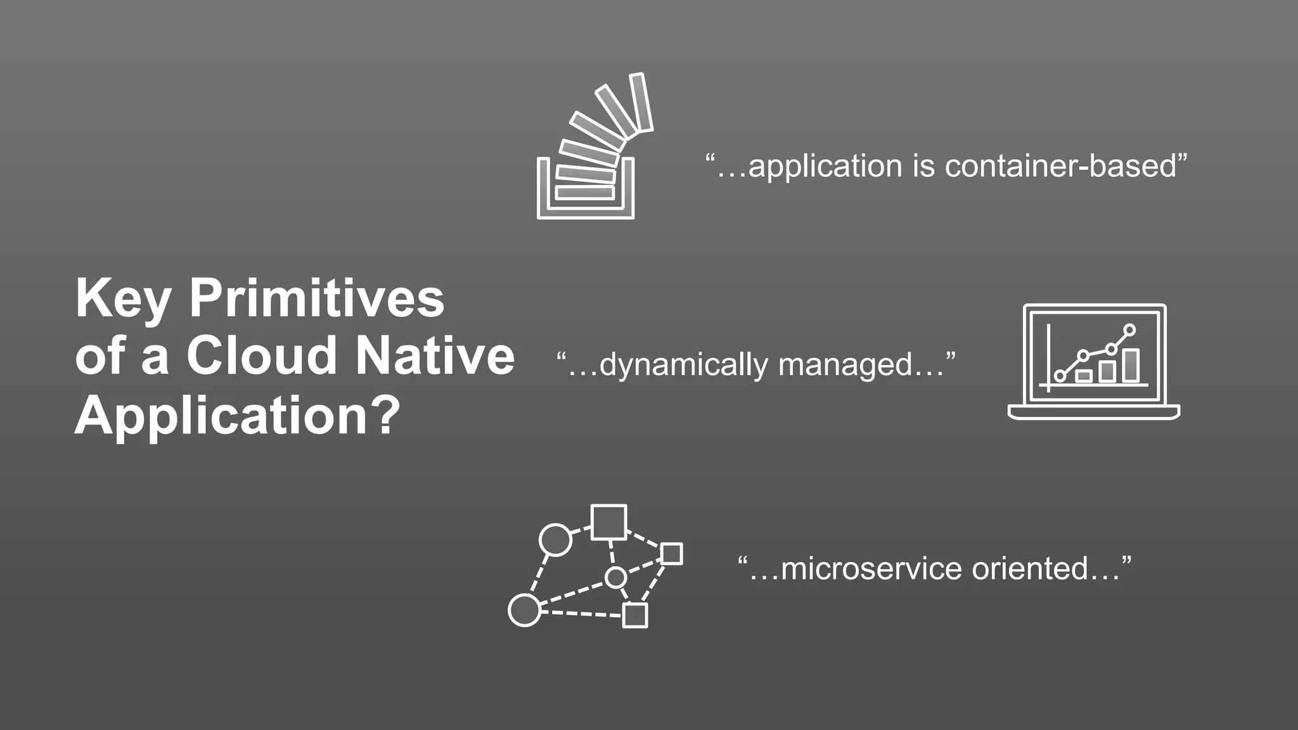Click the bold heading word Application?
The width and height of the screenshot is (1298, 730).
point(238,416)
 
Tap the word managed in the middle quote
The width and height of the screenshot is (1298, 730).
point(845,366)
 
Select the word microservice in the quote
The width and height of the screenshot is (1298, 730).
point(871,568)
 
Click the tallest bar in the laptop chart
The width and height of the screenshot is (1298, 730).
point(1131,366)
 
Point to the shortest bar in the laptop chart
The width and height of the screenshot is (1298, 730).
point(1084,376)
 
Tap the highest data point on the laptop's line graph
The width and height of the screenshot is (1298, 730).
point(1129,330)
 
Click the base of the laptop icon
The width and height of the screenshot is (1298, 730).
point(1094,413)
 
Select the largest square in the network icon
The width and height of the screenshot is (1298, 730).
point(608,522)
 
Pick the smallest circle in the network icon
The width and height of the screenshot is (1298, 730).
point(615,578)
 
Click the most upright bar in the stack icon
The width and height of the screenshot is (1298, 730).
point(641,103)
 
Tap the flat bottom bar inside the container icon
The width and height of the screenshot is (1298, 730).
point(584,192)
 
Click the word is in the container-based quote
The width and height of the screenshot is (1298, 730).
point(923,166)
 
